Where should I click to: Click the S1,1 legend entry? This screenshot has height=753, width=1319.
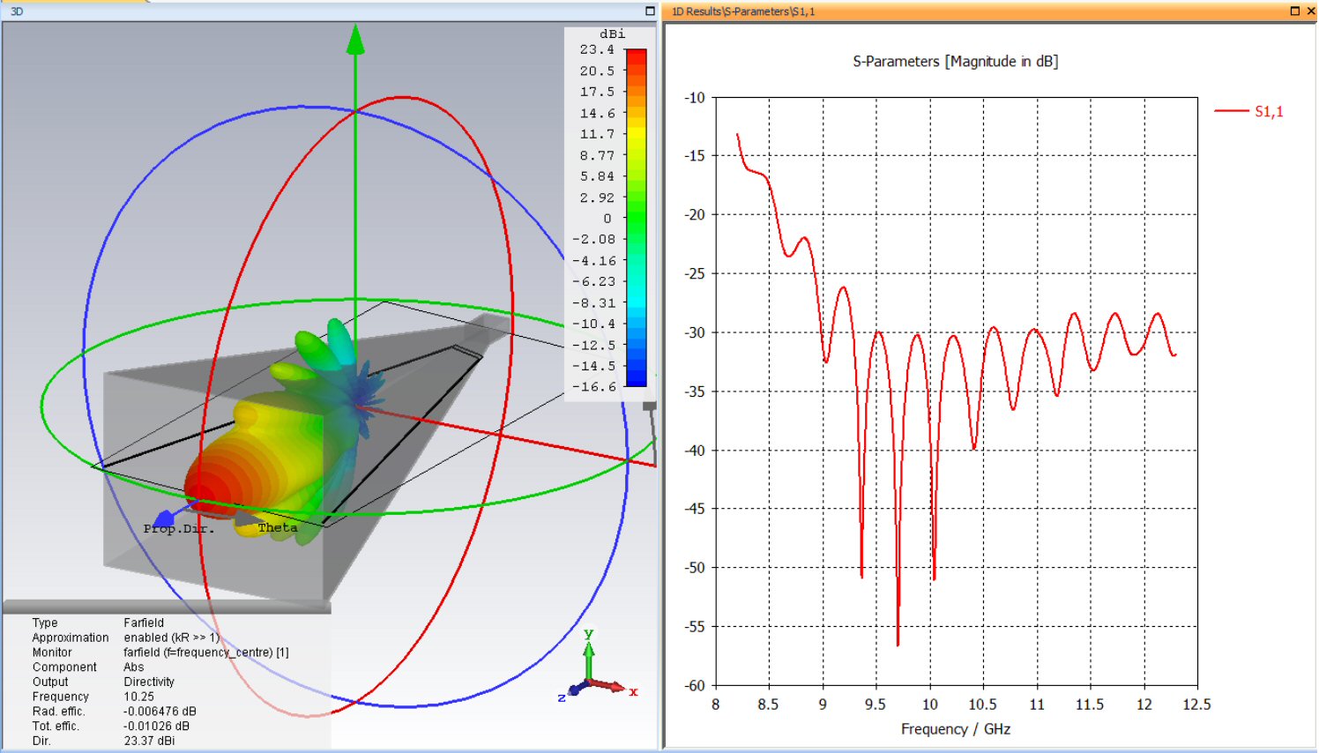pyautogui.click(x=1268, y=111)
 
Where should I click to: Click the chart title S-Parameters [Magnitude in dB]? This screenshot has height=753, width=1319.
pyautogui.click(x=955, y=62)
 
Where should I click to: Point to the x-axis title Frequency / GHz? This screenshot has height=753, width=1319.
pyautogui.click(x=955, y=729)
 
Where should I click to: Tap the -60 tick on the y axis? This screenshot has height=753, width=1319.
pyautogui.click(x=695, y=685)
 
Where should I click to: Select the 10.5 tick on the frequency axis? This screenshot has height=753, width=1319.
pyautogui.click(x=982, y=705)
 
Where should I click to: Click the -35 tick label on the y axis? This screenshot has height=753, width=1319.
pyautogui.click(x=695, y=391)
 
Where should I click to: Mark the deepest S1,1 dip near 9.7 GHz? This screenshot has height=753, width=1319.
pyautogui.click(x=898, y=645)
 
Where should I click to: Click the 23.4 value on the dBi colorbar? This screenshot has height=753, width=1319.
pyautogui.click(x=596, y=50)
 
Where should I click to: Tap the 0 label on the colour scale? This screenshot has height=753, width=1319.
pyautogui.click(x=607, y=219)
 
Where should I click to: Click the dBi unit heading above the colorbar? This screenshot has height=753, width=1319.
pyautogui.click(x=612, y=34)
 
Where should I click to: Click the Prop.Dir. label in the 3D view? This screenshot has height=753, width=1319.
pyautogui.click(x=179, y=529)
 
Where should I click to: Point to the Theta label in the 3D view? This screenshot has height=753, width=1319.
pyautogui.click(x=277, y=528)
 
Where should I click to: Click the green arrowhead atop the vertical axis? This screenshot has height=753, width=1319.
pyautogui.click(x=355, y=40)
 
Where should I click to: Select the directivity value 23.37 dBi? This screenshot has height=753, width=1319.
pyautogui.click(x=149, y=741)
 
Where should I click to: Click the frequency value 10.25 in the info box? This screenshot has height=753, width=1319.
pyautogui.click(x=138, y=697)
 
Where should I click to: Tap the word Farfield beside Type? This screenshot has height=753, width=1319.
pyautogui.click(x=143, y=623)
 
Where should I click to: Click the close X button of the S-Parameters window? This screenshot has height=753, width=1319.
pyautogui.click(x=1310, y=11)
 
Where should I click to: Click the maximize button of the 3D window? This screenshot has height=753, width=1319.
pyautogui.click(x=650, y=11)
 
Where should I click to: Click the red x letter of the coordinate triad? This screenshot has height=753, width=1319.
pyautogui.click(x=633, y=692)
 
